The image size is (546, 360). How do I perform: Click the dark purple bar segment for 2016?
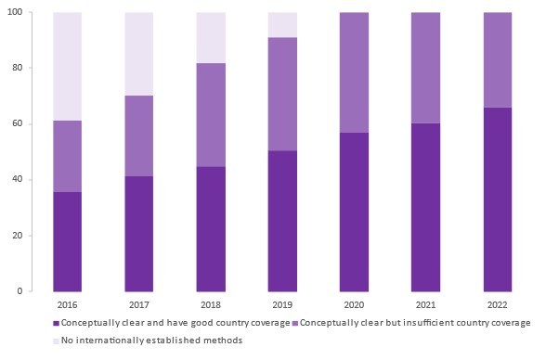coord(67,241)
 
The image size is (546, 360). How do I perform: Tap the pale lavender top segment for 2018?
coord(210,38)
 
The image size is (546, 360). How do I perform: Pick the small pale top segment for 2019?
coord(281,25)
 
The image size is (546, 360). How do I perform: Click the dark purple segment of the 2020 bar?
coord(353,212)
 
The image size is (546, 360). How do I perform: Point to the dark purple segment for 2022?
coord(497,199)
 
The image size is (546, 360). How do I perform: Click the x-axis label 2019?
coord(281,304)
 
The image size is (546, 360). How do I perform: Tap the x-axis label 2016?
coord(67,304)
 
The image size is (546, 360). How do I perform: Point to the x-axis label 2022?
coord(497,304)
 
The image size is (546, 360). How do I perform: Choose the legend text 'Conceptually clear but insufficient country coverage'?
coord(416,323)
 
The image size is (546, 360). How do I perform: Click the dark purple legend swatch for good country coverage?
coord(56,323)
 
